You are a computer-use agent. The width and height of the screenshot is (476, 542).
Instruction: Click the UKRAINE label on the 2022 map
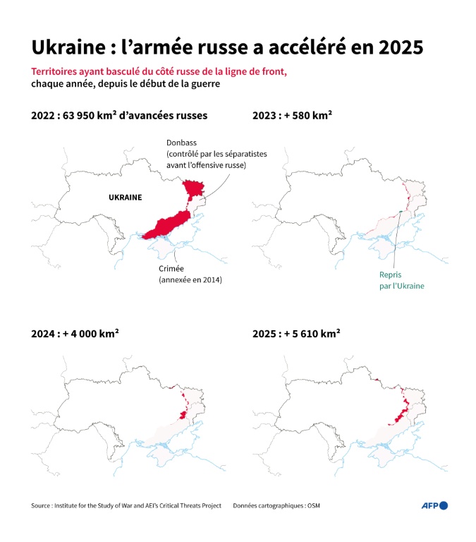point(125,198)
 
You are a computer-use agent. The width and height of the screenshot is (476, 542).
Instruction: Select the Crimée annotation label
point(173,269)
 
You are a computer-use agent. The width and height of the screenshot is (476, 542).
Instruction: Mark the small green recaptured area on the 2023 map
point(400,212)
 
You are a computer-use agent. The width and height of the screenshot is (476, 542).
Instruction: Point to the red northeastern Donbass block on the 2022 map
point(192,188)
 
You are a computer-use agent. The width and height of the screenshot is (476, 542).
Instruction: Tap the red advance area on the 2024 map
point(185,409)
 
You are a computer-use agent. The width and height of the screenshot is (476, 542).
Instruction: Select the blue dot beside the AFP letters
point(444,505)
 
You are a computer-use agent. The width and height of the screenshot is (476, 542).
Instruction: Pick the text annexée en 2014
point(190,280)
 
